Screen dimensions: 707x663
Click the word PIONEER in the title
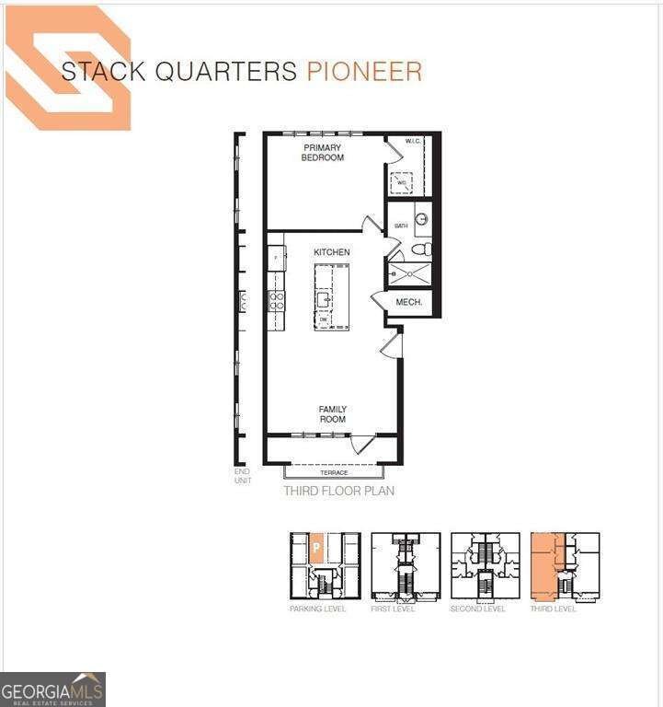tap(364, 72)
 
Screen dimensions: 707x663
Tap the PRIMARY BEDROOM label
tap(322, 153)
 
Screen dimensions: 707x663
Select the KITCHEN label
tap(331, 252)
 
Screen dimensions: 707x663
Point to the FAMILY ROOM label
tap(332, 414)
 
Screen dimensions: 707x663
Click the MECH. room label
tap(408, 302)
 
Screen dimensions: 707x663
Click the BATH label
tap(401, 226)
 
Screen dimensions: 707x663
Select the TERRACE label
tap(333, 472)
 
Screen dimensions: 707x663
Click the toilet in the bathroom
tap(420, 249)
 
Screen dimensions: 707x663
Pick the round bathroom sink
tap(421, 219)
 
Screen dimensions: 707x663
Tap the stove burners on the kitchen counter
tap(276, 299)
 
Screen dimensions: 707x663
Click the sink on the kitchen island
tap(326, 298)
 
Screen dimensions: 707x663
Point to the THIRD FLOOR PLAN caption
tap(338, 492)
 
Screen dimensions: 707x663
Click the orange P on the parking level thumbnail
tap(315, 548)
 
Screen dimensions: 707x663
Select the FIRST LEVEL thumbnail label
tap(393, 609)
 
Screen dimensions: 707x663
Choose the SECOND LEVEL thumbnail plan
tap(485, 567)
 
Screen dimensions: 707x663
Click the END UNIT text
tap(243, 476)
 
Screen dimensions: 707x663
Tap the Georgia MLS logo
tap(52, 690)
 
